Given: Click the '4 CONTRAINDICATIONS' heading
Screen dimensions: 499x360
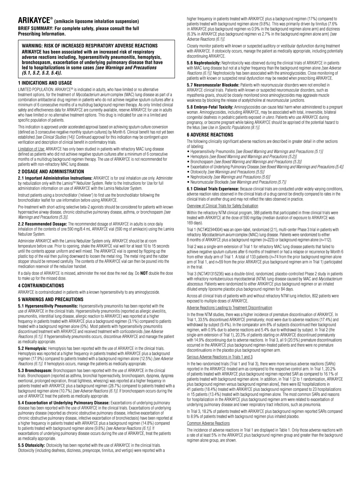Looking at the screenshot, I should [x=41, y=285].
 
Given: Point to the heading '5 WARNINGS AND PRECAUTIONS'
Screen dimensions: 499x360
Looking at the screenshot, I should [x=51, y=299].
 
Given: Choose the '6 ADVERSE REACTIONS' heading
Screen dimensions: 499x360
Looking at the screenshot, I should [x=210, y=135].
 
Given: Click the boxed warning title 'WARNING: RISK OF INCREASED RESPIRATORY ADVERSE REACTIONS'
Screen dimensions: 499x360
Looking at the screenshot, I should [x=90, y=46].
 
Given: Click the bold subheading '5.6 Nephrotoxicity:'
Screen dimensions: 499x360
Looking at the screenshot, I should [x=204, y=63].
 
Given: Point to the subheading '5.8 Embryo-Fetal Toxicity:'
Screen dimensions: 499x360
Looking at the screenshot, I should [x=210, y=107].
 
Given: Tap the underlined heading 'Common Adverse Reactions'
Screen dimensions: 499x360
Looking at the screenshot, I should [x=208, y=423].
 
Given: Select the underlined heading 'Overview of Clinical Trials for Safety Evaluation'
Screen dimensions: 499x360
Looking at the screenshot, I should [x=222, y=206].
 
